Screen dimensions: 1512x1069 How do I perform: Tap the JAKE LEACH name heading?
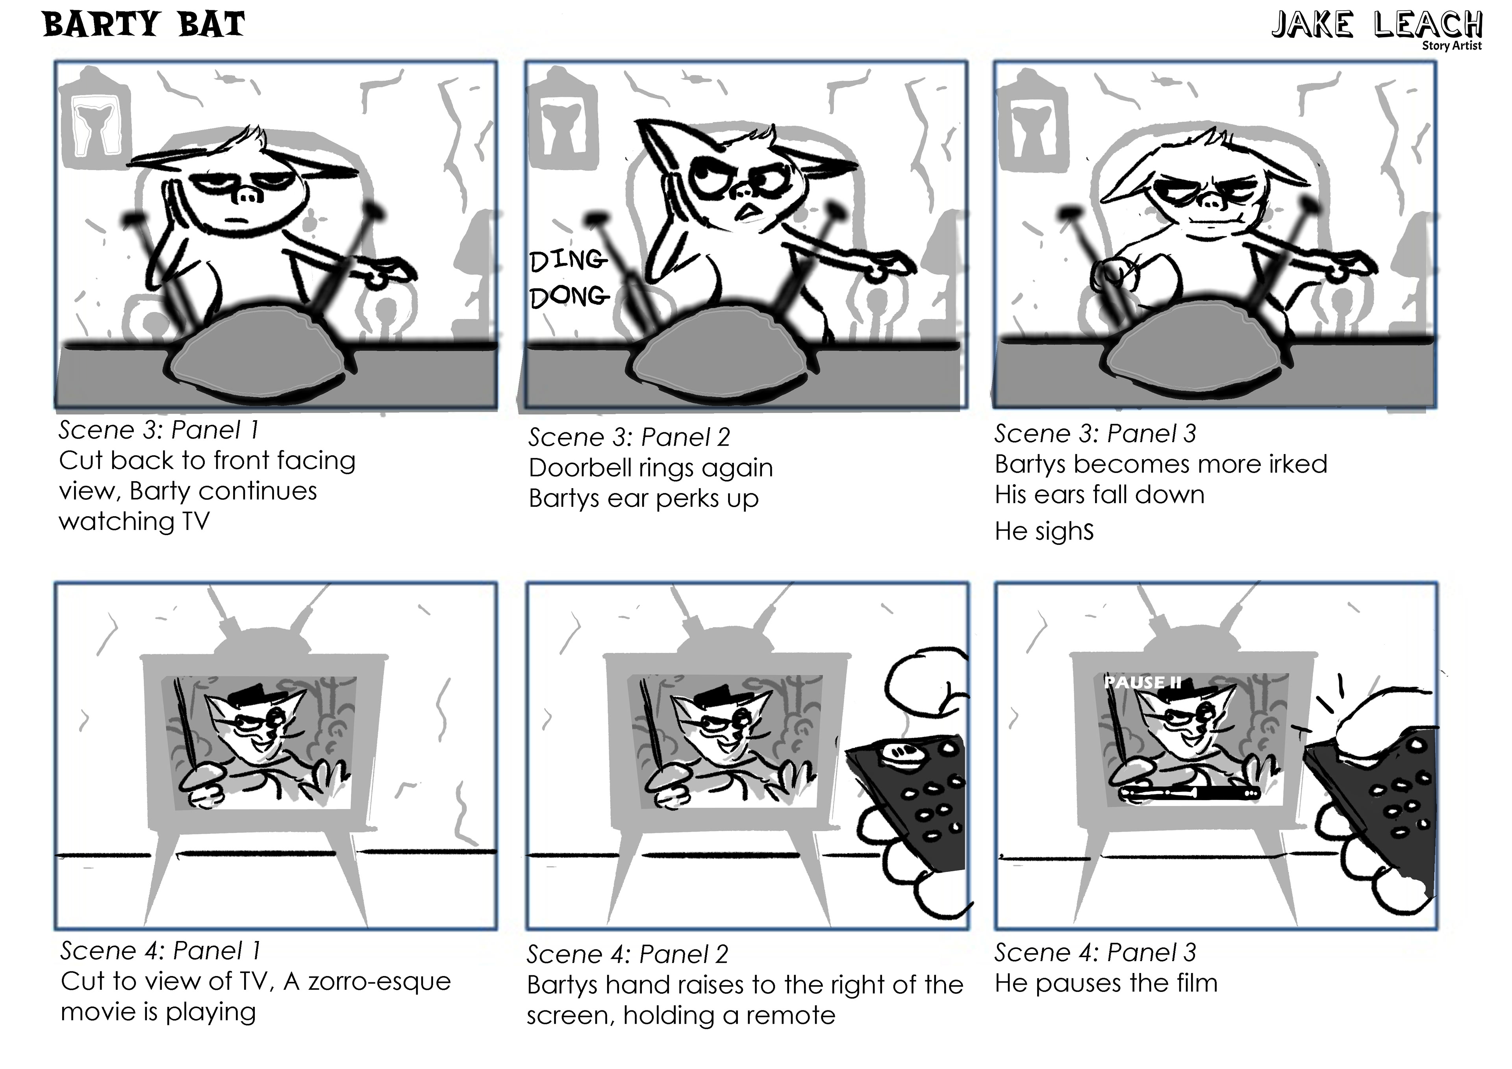coord(1376,26)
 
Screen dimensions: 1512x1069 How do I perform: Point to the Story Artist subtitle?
coord(1451,45)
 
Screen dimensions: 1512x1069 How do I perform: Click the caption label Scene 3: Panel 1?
coord(159,430)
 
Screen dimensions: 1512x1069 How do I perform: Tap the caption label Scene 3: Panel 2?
coord(629,437)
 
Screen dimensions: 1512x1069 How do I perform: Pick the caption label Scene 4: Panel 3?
coord(1095,952)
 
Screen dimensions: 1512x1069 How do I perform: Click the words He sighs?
coord(1044,531)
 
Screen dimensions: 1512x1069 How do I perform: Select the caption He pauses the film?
coord(1106,983)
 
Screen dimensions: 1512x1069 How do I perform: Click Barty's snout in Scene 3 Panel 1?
coord(248,196)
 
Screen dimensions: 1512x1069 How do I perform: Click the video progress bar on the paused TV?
coord(1189,792)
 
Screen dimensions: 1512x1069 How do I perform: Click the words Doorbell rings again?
coord(650,468)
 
